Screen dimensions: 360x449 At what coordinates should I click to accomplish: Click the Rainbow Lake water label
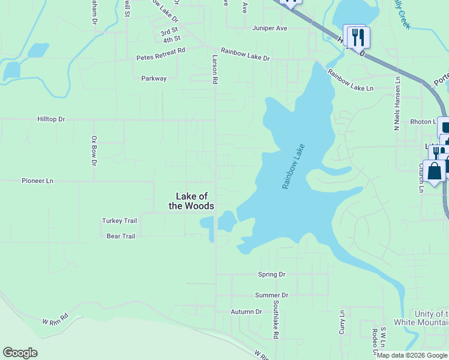[294, 167]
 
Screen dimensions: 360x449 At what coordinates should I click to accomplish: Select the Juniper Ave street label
[270, 28]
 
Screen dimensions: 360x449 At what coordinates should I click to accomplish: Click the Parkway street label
[154, 79]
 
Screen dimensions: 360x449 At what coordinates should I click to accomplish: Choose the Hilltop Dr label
[50, 119]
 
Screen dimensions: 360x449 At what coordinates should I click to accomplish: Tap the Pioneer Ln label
[37, 181]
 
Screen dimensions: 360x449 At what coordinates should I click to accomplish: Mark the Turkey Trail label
[119, 221]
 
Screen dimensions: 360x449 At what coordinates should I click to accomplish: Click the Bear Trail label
[121, 236]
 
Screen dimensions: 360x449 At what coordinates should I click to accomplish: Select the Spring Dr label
[272, 275]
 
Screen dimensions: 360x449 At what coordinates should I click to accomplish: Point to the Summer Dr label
[271, 295]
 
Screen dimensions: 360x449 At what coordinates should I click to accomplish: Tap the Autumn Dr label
[247, 312]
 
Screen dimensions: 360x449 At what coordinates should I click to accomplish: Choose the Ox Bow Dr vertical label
[94, 151]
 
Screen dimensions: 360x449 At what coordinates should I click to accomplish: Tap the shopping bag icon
[434, 171]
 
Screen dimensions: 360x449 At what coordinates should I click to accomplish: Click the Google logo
[20, 353]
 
